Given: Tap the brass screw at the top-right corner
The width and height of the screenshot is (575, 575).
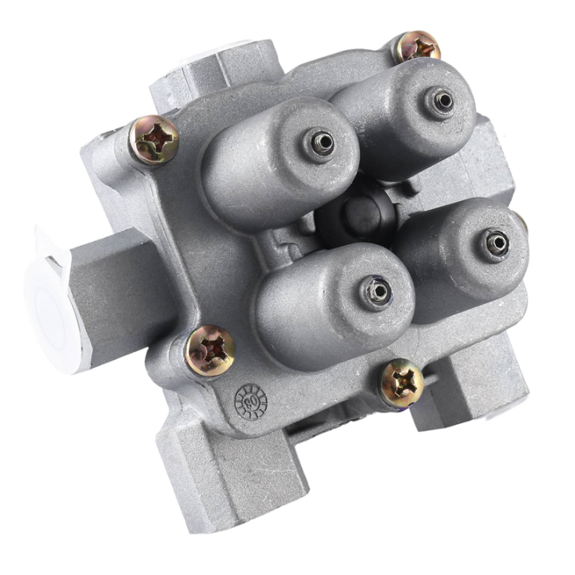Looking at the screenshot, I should pos(417,47).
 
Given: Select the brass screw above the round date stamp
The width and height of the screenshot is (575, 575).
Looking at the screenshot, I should pos(210,351).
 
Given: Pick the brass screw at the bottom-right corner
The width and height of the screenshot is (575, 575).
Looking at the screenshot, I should pos(401,384).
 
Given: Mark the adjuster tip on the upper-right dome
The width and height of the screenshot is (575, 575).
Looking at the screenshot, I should pos(442,101).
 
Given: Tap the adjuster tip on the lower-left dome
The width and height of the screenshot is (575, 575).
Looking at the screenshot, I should pos(375,290).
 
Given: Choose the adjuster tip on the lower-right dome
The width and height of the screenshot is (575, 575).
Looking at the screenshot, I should pos(496,241).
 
